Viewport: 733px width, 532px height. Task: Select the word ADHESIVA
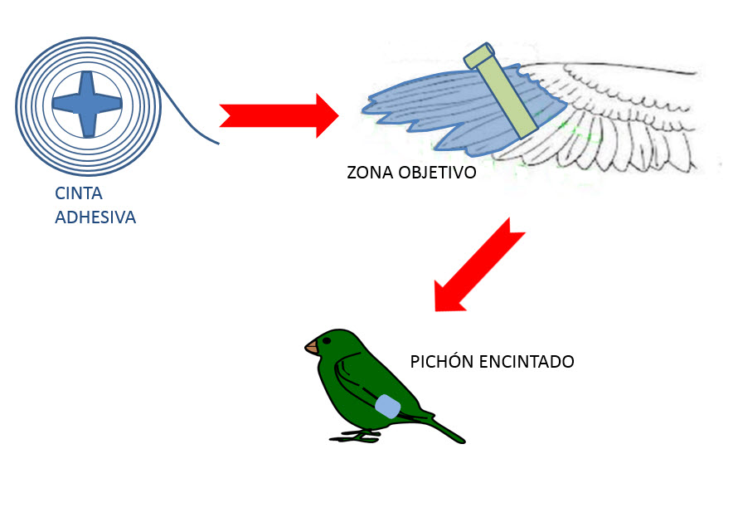coord(95,218)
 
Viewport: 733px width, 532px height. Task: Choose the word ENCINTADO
coord(527,363)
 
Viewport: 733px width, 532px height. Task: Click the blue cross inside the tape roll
coord(86,104)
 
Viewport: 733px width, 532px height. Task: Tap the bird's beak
coord(312,347)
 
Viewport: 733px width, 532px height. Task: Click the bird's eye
coord(328,339)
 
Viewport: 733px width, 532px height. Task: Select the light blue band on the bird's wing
coord(387,406)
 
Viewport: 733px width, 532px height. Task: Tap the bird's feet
coord(357,435)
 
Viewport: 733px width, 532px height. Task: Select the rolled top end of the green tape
coord(479,56)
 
